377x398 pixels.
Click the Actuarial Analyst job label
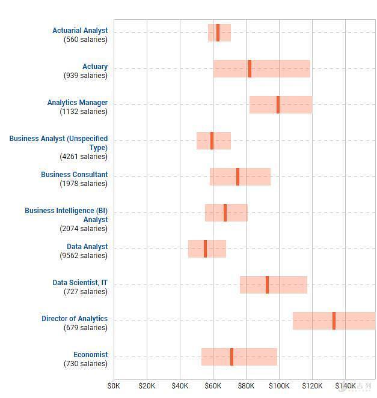80,31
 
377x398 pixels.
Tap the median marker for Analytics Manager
278,104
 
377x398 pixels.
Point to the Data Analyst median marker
205,249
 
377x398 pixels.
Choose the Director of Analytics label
75,319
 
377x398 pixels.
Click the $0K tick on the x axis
114,385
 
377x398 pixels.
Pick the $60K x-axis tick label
213,385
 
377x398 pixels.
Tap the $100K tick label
279,385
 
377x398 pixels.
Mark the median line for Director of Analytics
334,321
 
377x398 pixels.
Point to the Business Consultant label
75,175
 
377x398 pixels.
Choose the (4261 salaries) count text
84,157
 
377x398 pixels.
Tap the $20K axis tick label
147,385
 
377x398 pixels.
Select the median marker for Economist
231,357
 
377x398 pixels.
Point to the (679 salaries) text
85,328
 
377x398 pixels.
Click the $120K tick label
312,385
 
